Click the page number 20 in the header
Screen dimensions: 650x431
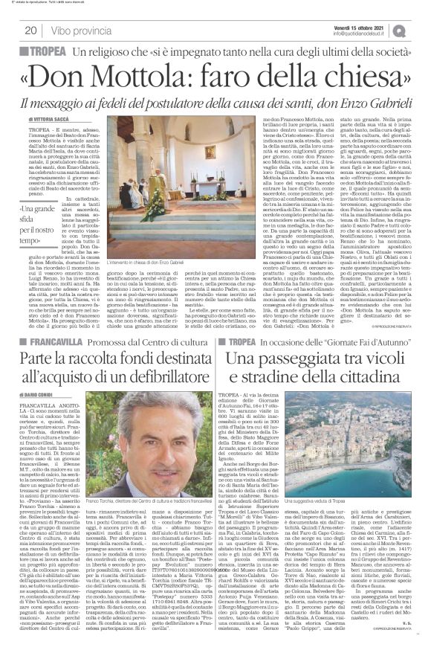33,30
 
